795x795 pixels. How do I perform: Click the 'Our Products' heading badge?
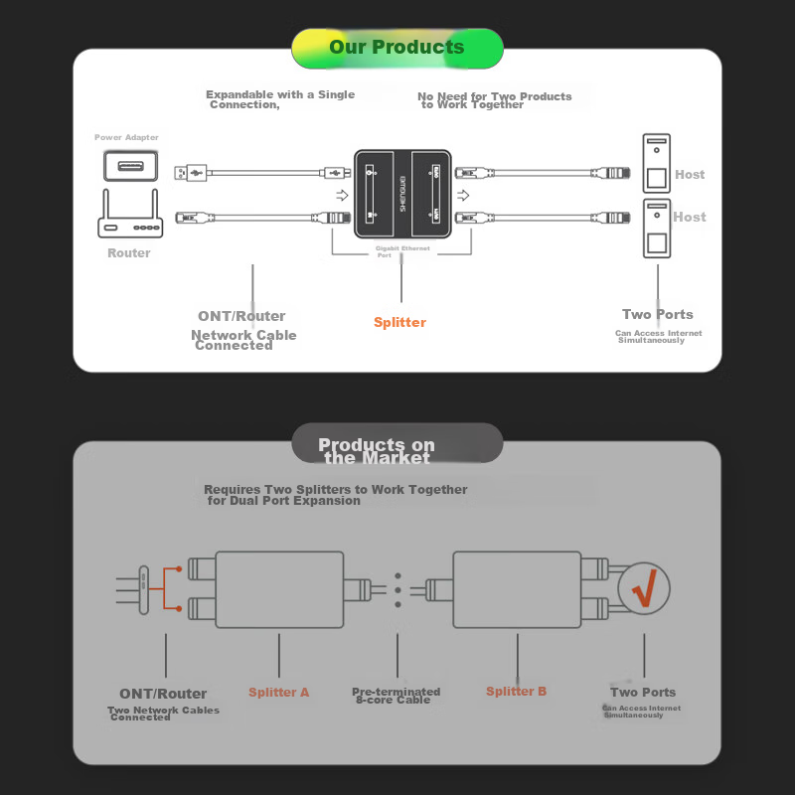pyautogui.click(x=397, y=48)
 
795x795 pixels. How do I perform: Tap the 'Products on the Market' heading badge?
pyautogui.click(x=397, y=450)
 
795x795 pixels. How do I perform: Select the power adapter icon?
pyautogui.click(x=130, y=164)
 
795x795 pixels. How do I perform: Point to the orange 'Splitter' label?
pyautogui.click(x=399, y=322)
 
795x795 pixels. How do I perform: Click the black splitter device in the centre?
pyautogui.click(x=402, y=193)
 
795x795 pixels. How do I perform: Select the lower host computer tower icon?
pyautogui.click(x=656, y=230)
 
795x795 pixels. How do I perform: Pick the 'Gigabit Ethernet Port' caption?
pyautogui.click(x=402, y=251)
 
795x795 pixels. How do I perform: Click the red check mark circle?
pyautogui.click(x=644, y=589)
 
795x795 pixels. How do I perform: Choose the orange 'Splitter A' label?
pyautogui.click(x=279, y=692)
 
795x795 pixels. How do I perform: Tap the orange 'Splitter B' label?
pyautogui.click(x=516, y=691)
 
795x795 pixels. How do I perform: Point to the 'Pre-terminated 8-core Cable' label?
pyautogui.click(x=397, y=696)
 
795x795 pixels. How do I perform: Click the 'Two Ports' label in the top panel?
pyautogui.click(x=657, y=314)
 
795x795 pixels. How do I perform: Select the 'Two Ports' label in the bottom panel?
pyautogui.click(x=643, y=692)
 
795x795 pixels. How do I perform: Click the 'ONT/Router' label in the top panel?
pyautogui.click(x=241, y=316)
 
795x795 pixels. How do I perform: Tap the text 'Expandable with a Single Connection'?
pyautogui.click(x=279, y=99)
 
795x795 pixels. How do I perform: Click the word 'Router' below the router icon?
pyautogui.click(x=129, y=253)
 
